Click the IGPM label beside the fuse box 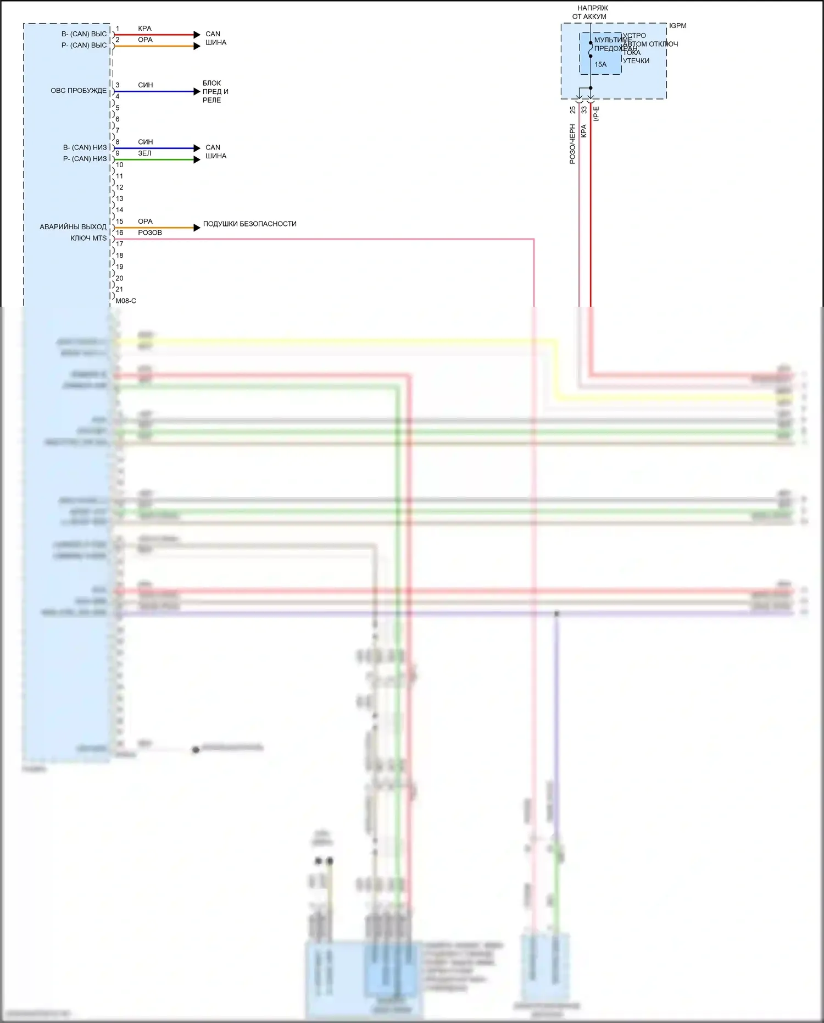pyautogui.click(x=677, y=26)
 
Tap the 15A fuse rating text pyautogui.click(x=600, y=65)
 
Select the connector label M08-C pyautogui.click(x=126, y=301)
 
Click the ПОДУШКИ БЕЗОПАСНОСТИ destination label pyautogui.click(x=249, y=224)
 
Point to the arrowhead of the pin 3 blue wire pyautogui.click(x=197, y=91)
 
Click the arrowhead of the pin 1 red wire pyautogui.click(x=197, y=35)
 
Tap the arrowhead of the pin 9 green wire pyautogui.click(x=197, y=159)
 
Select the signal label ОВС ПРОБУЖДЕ pyautogui.click(x=79, y=91)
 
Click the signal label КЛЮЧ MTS pyautogui.click(x=88, y=238)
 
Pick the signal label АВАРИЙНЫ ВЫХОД pyautogui.click(x=73, y=226)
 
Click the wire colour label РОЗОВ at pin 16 pyautogui.click(x=149, y=233)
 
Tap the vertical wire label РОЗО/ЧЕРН pyautogui.click(x=572, y=144)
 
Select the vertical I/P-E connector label pyautogui.click(x=596, y=114)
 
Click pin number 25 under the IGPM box pyautogui.click(x=573, y=110)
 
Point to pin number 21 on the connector pyautogui.click(x=119, y=289)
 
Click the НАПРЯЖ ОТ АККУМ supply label pyautogui.click(x=591, y=12)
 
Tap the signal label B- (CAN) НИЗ pyautogui.click(x=85, y=147)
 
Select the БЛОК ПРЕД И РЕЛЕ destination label pyautogui.click(x=215, y=91)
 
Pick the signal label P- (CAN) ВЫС pyautogui.click(x=84, y=45)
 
